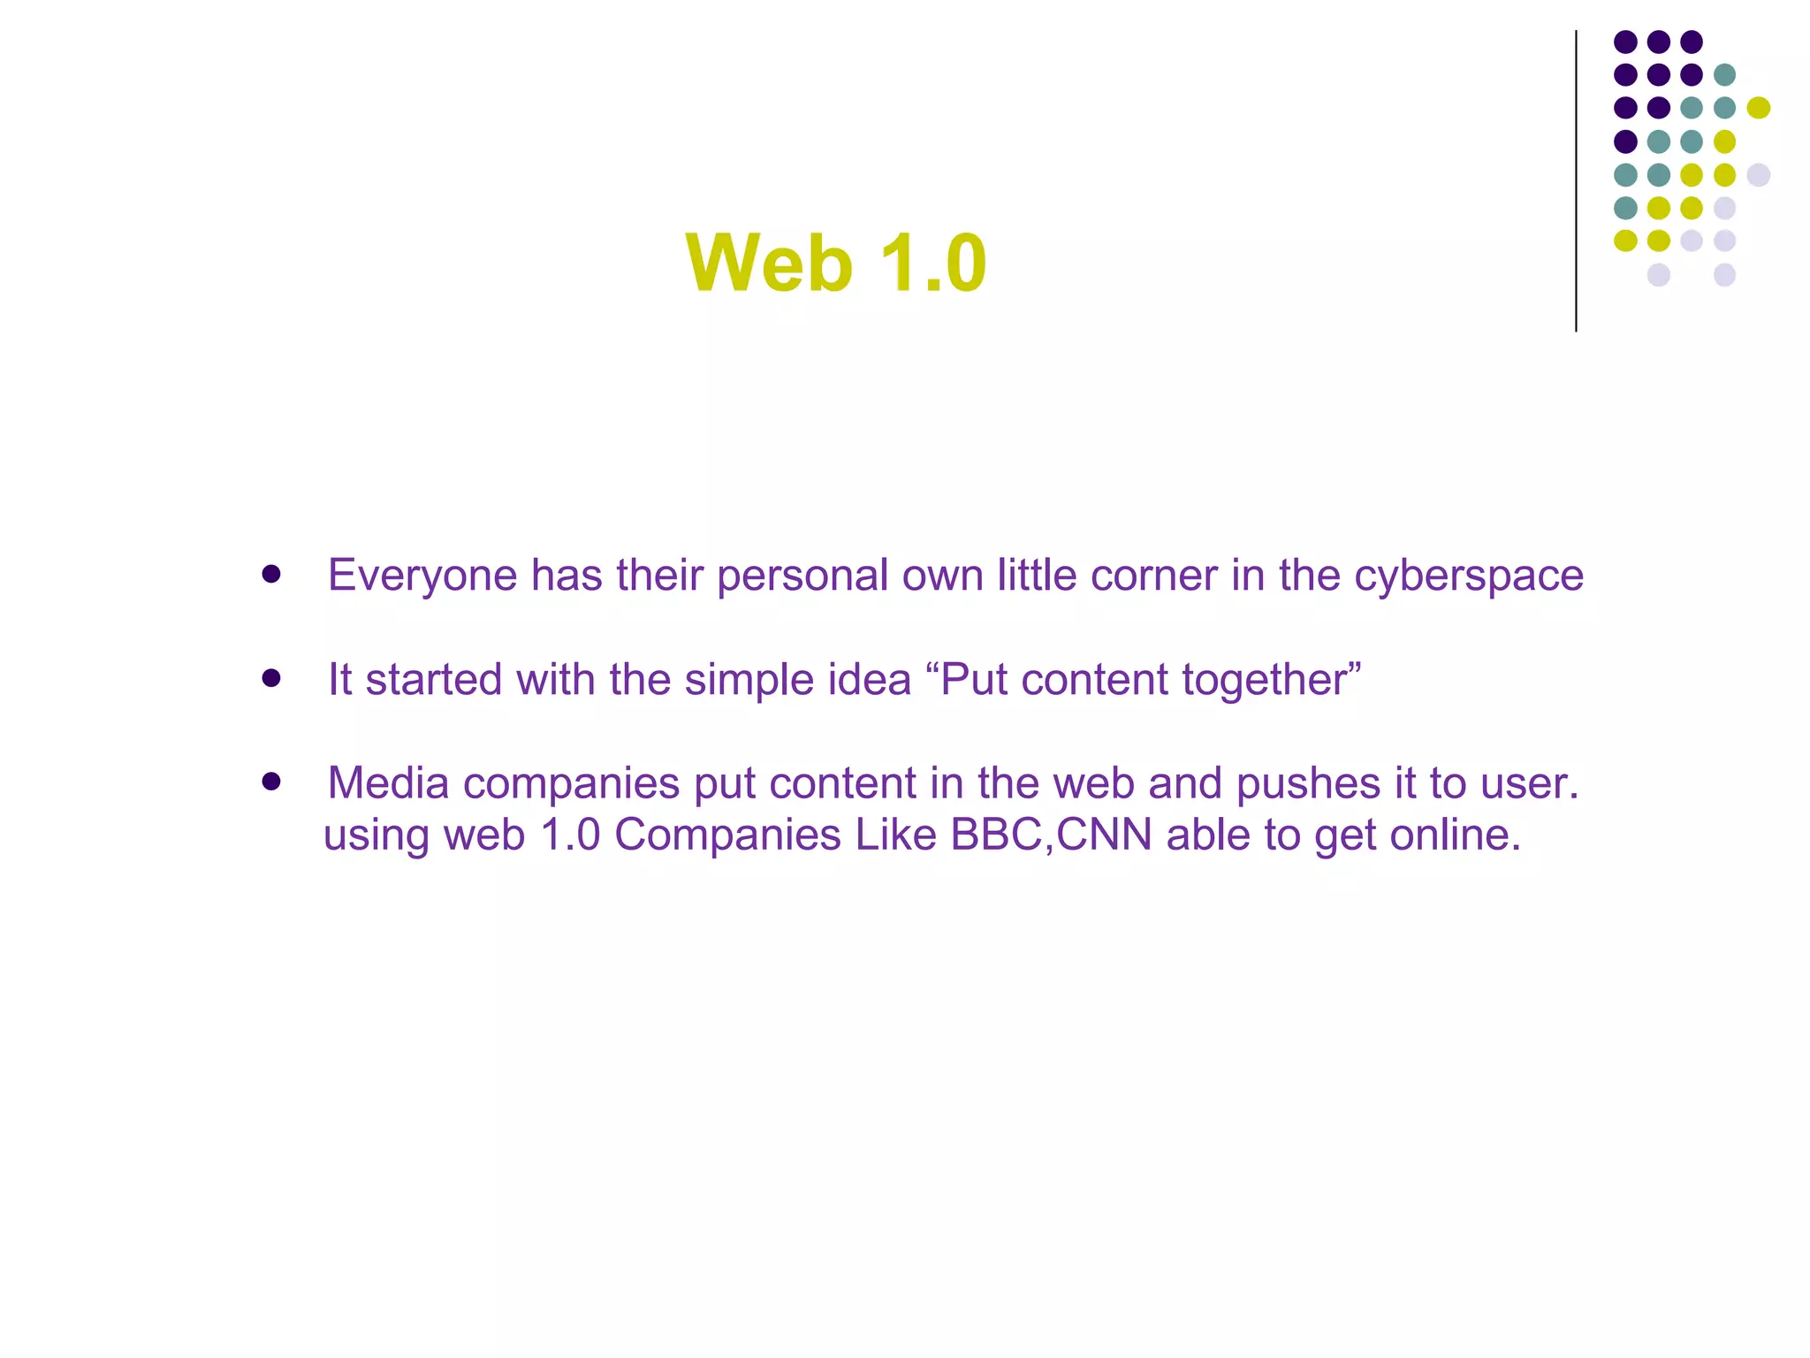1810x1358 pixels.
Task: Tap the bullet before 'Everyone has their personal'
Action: coord(271,575)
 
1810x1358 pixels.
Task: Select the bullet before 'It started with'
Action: coord(271,679)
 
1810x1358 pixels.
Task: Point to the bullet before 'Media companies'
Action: coord(271,782)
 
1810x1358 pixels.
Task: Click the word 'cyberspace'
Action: coord(1469,576)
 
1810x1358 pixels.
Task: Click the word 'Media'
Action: coord(388,783)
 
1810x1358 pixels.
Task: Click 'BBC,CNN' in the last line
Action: coord(1051,835)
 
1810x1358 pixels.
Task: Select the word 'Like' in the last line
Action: coord(895,835)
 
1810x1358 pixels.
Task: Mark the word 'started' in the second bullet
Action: coord(434,681)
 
